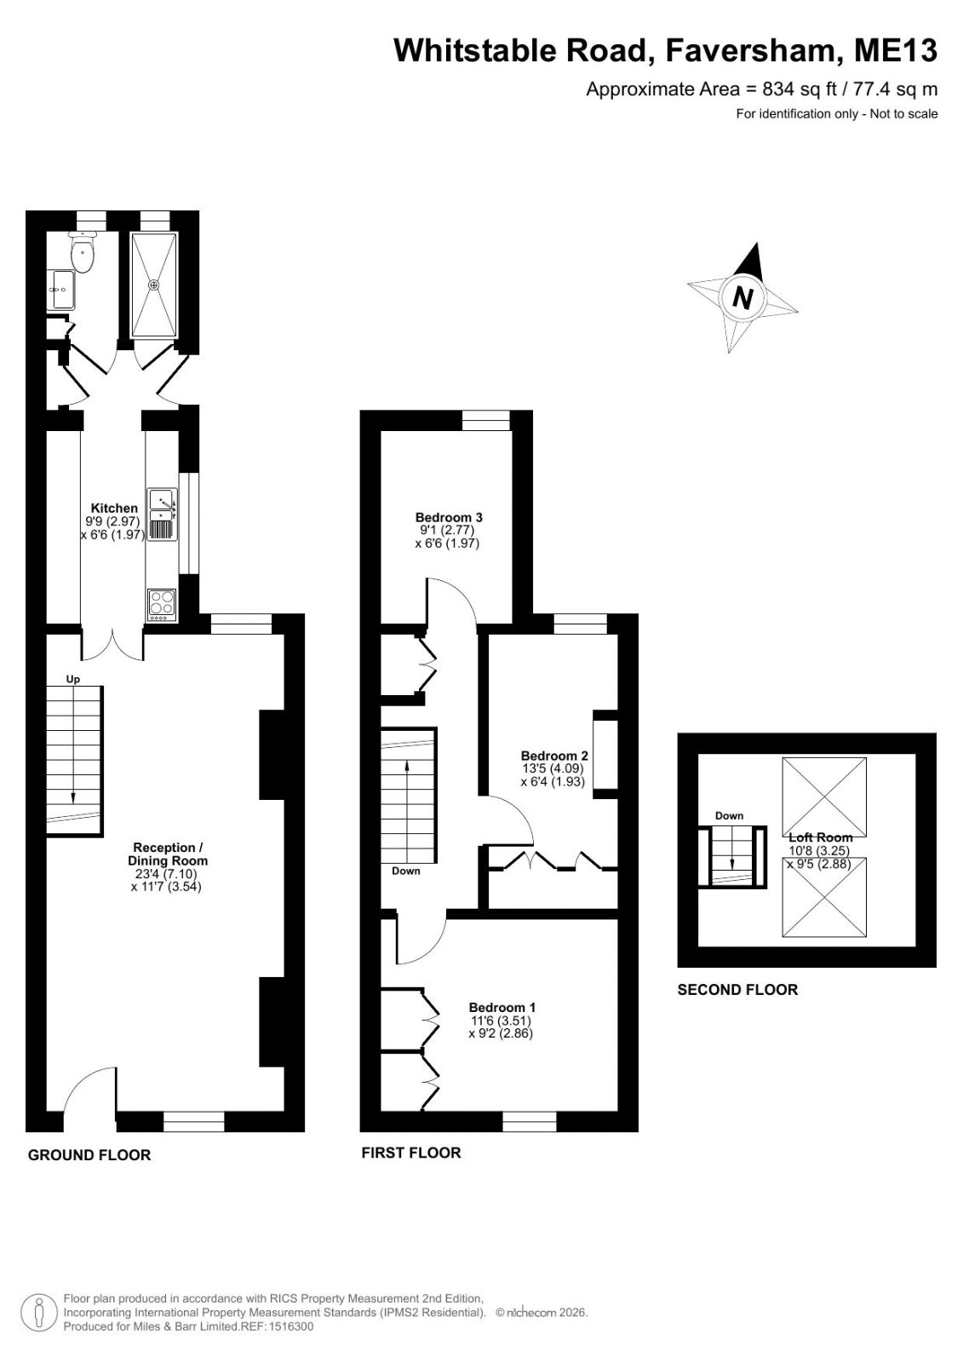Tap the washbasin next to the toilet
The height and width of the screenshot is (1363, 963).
click(61, 290)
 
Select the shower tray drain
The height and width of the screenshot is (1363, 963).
click(154, 285)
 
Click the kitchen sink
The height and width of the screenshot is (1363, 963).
click(162, 515)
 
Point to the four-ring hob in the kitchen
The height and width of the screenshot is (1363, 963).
click(162, 605)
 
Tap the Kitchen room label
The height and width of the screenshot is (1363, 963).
click(114, 508)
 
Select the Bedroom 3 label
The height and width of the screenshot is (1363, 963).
click(449, 517)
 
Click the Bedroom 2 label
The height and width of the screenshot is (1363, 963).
click(554, 756)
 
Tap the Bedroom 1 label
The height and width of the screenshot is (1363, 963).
click(502, 1007)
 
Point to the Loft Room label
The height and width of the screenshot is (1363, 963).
click(820, 837)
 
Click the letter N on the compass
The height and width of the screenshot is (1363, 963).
click(742, 298)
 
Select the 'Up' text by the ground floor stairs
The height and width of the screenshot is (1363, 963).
click(72, 679)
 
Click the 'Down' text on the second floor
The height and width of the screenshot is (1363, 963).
click(729, 815)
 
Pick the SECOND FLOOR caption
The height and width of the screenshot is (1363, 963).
click(737, 989)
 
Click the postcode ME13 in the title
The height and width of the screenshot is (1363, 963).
click(896, 50)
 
